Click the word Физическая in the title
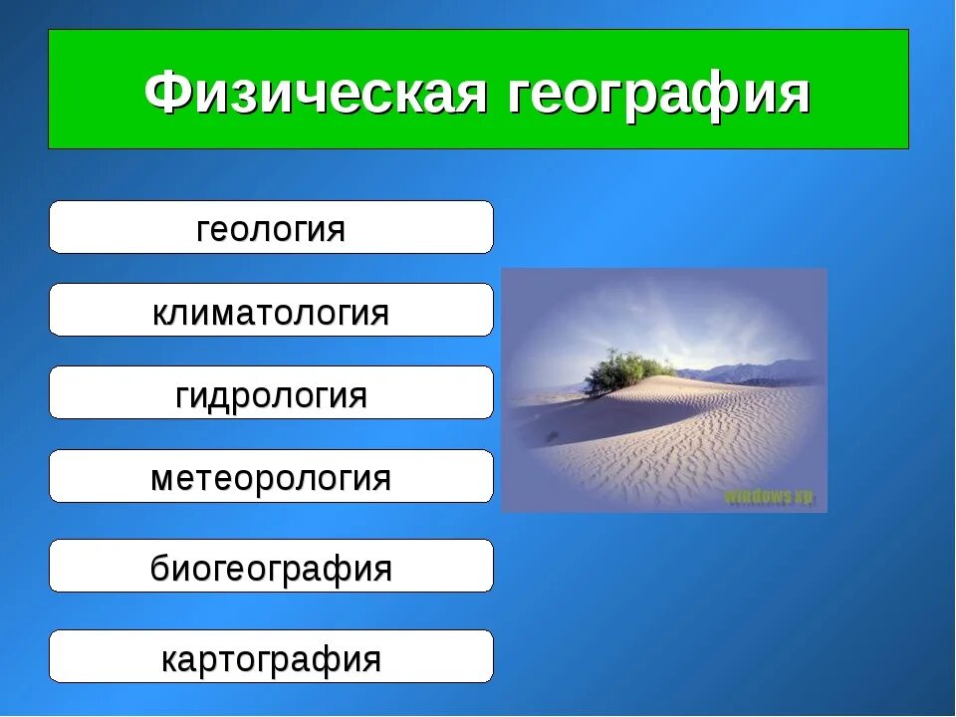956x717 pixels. point(317,93)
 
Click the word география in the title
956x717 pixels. point(660,93)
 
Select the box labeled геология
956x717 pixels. point(271,228)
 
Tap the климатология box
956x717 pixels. point(271,311)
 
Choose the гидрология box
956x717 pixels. point(271,393)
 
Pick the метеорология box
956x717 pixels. point(271,477)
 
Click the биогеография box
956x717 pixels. point(271,568)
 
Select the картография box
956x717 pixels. point(271,657)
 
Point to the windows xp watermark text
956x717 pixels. point(768,495)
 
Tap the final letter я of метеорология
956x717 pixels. point(380,479)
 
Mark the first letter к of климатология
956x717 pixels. point(160,313)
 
